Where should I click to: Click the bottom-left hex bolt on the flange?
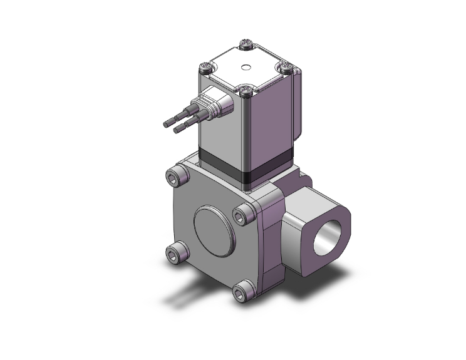(x=175, y=254)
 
